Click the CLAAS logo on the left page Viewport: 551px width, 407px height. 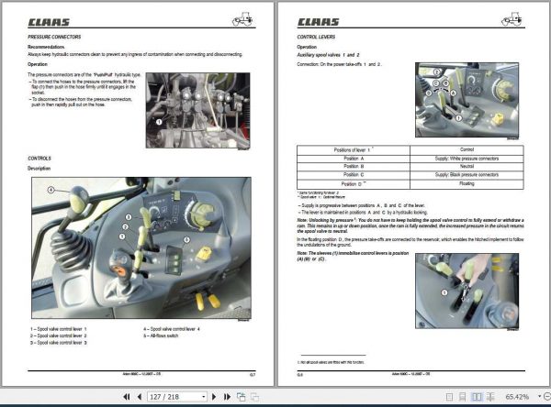pyautogui.click(x=51, y=20)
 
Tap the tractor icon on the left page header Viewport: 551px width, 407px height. pyautogui.click(x=246, y=18)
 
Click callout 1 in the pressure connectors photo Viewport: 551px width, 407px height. pyautogui.click(x=160, y=120)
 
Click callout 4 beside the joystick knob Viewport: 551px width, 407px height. pyautogui.click(x=51, y=190)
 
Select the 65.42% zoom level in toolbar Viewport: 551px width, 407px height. pyautogui.click(x=516, y=397)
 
